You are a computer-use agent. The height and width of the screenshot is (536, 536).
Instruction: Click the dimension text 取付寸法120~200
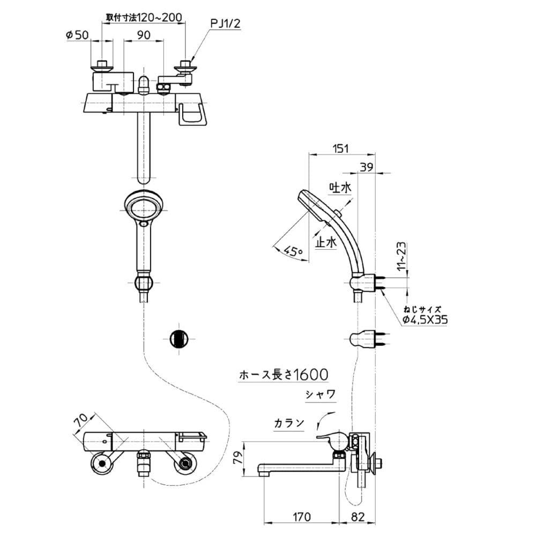(144, 18)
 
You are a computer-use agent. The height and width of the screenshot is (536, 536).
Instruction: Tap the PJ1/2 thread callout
(225, 24)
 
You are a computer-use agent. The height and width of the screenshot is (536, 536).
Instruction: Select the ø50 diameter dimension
(77, 35)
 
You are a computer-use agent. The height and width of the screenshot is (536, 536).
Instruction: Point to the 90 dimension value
(144, 35)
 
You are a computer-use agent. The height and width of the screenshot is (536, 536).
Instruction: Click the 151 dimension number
(341, 148)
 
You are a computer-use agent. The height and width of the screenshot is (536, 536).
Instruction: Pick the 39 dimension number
(367, 167)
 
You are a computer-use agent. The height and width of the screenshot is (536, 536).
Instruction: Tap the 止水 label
(326, 242)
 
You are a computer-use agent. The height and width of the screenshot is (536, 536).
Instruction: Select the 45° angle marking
(293, 251)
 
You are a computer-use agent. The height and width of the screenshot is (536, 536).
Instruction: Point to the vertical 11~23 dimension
(403, 256)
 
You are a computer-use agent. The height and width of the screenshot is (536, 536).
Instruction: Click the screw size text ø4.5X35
(425, 320)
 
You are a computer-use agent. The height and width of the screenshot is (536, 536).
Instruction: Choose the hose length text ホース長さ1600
(284, 375)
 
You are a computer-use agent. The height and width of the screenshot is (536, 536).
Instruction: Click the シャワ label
(321, 395)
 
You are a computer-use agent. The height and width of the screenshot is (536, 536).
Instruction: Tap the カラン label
(289, 423)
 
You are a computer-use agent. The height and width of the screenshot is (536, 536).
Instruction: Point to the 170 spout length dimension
(301, 517)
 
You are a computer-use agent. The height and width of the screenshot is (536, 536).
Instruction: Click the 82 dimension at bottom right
(358, 517)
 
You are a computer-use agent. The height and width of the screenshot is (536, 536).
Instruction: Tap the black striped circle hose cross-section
(179, 339)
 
